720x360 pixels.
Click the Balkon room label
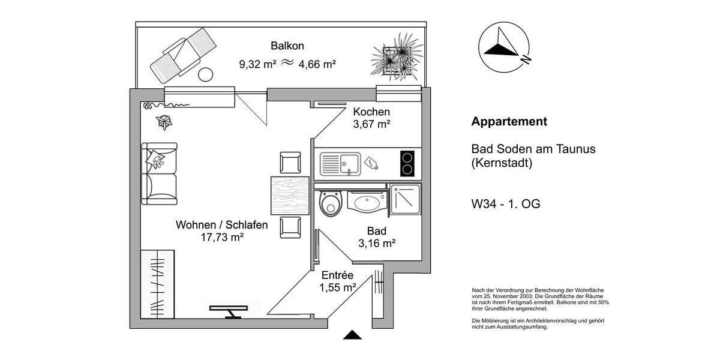coord(287,46)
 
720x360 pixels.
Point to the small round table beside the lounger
coord(206,75)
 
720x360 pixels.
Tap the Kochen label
coord(371,112)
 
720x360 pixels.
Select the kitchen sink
coord(340,163)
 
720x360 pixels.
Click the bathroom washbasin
coord(366,202)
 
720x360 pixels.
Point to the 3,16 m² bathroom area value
coord(377,244)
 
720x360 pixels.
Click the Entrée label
coord(338,275)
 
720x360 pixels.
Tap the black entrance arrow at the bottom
coord(353,335)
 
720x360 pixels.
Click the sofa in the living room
coord(159,174)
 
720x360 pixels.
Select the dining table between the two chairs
coord(290,195)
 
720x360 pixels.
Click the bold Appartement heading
coord(509,122)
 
